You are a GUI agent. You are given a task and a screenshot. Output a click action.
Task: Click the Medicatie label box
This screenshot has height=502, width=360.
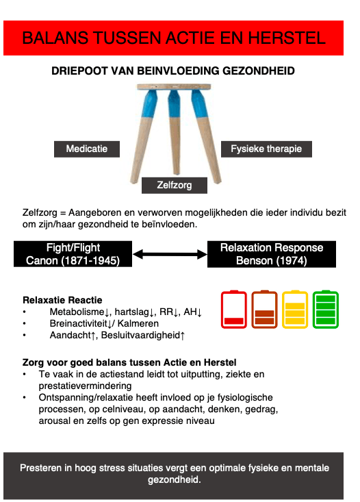[x=87, y=149]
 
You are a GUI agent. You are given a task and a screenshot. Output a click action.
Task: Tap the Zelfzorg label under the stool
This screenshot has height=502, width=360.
[x=175, y=185]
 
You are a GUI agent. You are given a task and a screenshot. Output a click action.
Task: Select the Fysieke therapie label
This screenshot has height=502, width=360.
[x=266, y=149]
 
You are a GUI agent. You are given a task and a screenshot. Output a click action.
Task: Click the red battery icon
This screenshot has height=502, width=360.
[x=234, y=310]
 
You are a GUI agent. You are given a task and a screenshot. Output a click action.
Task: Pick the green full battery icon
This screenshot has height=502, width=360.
[x=326, y=310]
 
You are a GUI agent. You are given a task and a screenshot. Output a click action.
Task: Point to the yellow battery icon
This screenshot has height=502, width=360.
[x=295, y=310]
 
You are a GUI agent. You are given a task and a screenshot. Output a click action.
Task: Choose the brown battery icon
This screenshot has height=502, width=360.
[x=264, y=310]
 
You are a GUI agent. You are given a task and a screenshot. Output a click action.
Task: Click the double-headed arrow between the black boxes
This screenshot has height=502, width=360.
[x=170, y=255]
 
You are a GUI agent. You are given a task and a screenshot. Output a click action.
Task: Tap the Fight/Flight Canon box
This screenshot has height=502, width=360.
[x=73, y=254]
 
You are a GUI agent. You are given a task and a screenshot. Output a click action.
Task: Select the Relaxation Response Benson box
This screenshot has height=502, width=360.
[x=272, y=254]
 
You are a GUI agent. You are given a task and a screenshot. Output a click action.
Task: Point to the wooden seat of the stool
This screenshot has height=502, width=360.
[x=174, y=87]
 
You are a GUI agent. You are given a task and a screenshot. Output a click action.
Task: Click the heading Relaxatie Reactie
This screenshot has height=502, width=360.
[x=62, y=300]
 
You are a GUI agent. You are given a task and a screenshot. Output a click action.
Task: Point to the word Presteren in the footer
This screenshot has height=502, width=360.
[x=41, y=468]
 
